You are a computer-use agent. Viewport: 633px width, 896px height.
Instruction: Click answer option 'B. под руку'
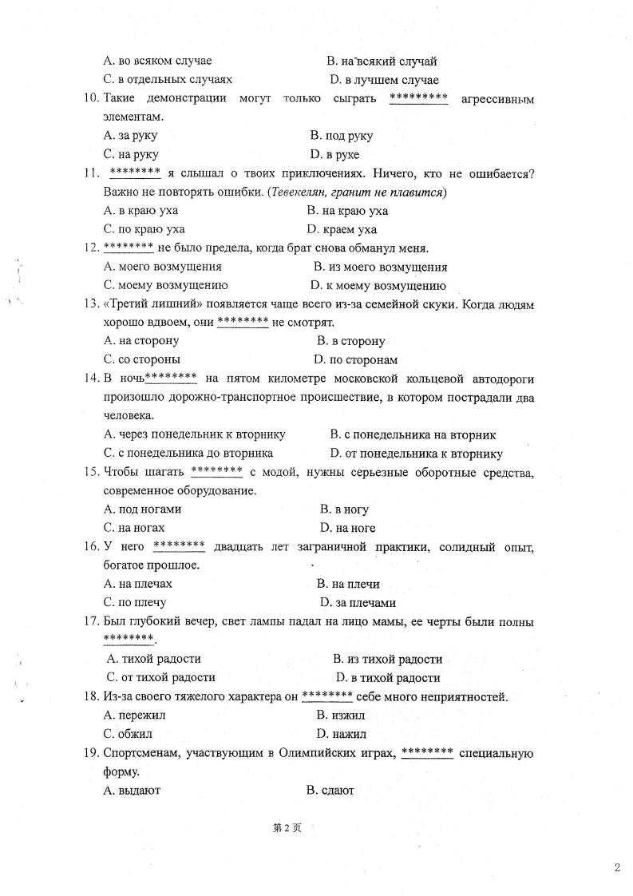pyautogui.click(x=341, y=136)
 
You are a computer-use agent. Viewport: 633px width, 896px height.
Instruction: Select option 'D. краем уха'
pyautogui.click(x=342, y=230)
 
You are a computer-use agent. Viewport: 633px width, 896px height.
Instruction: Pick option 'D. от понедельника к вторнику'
pyautogui.click(x=416, y=454)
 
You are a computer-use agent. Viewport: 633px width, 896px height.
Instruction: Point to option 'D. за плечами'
pyautogui.click(x=358, y=603)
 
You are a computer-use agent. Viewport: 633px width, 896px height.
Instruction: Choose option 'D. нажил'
pyautogui.click(x=341, y=734)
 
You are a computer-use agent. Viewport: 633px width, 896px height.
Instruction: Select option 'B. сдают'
pyautogui.click(x=330, y=790)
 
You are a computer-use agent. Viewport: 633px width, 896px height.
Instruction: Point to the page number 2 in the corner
pyautogui.click(x=618, y=868)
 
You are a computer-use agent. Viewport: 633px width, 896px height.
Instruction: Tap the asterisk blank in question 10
pyautogui.click(x=418, y=98)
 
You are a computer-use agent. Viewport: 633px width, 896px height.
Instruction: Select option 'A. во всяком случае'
pyautogui.click(x=157, y=61)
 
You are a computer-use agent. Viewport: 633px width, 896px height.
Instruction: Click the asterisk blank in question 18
pyautogui.click(x=326, y=696)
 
